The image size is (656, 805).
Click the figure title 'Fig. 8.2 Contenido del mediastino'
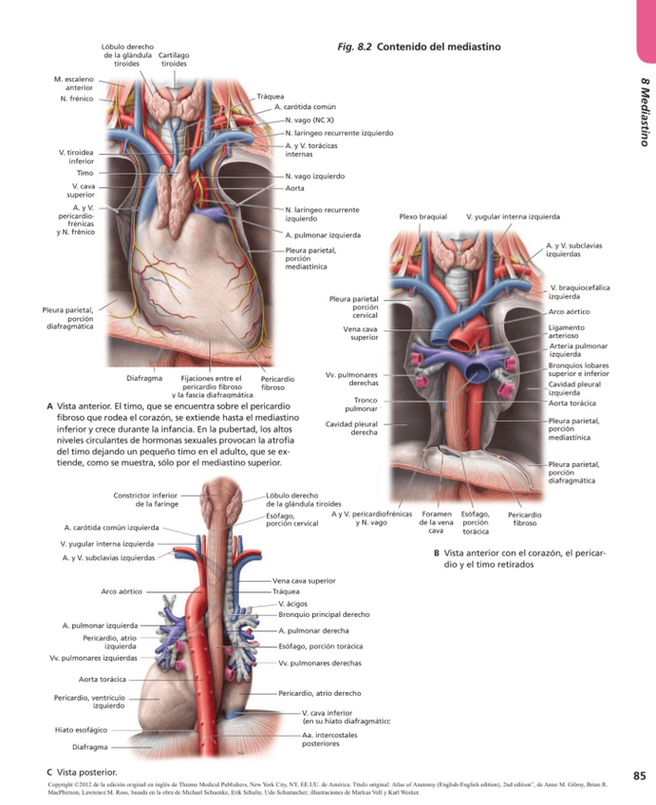[x=418, y=47]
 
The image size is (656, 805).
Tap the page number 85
[x=639, y=776]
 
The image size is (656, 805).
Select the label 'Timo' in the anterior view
[x=84, y=174]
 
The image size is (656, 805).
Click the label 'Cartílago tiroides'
[x=174, y=60]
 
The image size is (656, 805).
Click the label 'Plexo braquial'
[x=422, y=216]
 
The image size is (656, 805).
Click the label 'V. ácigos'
[x=291, y=604]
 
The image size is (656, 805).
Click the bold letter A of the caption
[x=49, y=406]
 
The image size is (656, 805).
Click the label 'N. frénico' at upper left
[x=76, y=99]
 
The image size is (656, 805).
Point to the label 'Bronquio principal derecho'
[x=317, y=615]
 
